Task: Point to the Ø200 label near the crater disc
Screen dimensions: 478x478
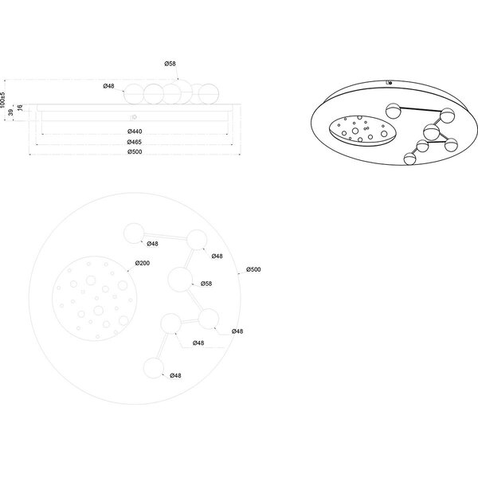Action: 143,263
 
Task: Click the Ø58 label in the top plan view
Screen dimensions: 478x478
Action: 206,284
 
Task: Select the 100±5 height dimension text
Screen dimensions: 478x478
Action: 4,96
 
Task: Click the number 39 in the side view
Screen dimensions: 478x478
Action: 9,114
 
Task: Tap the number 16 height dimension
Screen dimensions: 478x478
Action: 20,109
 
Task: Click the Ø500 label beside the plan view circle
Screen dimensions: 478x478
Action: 254,270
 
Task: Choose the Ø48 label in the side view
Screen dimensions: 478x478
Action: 111,85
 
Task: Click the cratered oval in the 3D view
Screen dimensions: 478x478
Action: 363,131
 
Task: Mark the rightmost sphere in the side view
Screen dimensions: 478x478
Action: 209,90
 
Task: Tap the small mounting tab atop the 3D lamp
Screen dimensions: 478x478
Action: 389,81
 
